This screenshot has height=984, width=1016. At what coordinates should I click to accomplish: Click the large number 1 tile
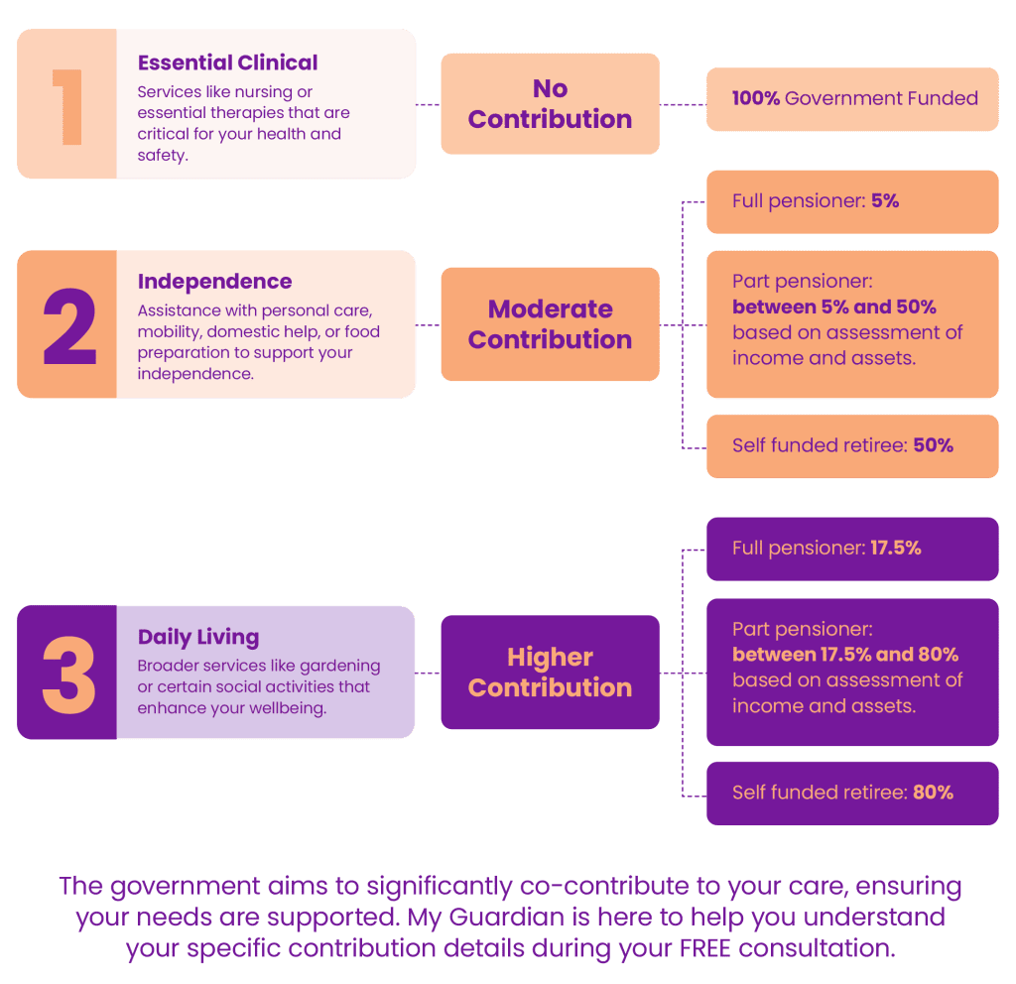[x=66, y=104]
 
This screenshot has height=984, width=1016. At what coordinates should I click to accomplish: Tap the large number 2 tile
[x=66, y=324]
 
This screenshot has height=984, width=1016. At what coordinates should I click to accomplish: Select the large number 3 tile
[x=66, y=673]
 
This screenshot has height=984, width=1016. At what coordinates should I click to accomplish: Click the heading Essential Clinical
[x=227, y=62]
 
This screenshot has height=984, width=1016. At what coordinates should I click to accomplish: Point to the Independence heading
[x=214, y=282]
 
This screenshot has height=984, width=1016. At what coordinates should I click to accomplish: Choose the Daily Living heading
[x=198, y=637]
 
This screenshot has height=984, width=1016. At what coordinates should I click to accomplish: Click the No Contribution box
[x=550, y=103]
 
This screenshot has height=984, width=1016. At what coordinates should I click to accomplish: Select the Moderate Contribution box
[x=550, y=324]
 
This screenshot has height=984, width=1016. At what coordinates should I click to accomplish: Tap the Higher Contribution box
[x=550, y=673]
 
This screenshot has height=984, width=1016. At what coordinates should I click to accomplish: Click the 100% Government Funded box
[x=853, y=98]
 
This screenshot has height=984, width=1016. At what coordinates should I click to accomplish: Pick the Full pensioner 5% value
[x=885, y=200]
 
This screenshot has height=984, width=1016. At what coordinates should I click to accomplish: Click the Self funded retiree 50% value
[x=933, y=445]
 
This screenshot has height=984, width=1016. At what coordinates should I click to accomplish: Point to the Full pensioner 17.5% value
[x=895, y=548]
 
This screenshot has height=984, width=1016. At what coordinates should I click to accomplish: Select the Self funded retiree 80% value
[x=933, y=793]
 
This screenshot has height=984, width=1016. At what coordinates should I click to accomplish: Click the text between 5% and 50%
[x=833, y=307]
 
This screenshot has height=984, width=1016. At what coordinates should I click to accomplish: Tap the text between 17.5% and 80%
[x=845, y=655]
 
